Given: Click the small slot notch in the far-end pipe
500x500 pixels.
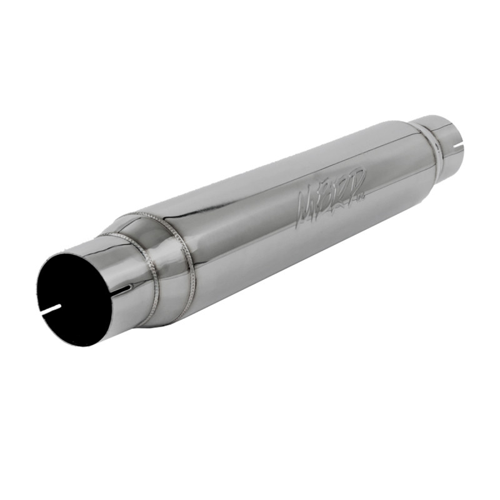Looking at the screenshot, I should coord(459,148).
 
